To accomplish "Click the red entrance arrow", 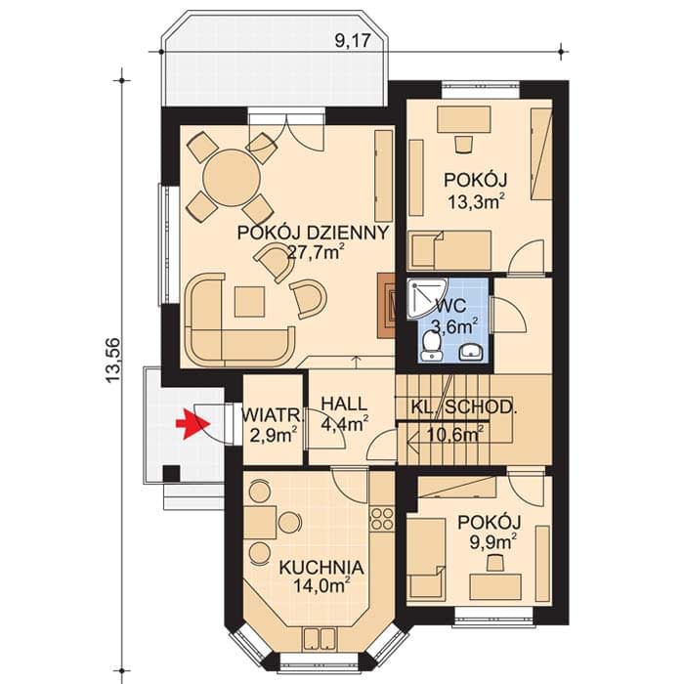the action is point(192,423).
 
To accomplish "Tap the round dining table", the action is point(233,177).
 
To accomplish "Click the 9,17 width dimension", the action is point(353,41).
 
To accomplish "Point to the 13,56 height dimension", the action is point(112,361).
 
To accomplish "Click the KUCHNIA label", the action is point(321,568).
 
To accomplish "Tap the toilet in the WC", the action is point(432,347).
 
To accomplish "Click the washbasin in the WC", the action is point(472,352).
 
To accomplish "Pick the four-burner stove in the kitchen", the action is point(382,519).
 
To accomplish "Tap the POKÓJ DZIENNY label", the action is point(313,233).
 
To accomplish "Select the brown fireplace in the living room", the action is point(387,306).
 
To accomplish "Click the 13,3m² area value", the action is point(477,202).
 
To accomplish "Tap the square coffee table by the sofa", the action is point(249,301).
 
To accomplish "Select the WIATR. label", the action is point(273,415).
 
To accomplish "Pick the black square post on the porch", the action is point(172,473).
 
